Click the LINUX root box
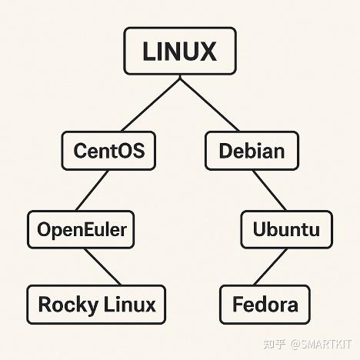(x=179, y=52)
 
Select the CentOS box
(x=108, y=150)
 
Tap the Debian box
(x=251, y=150)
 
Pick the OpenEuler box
(x=82, y=228)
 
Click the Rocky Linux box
(x=97, y=304)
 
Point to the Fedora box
(x=265, y=305)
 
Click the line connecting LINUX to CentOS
(x=150, y=103)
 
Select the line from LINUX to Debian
(x=209, y=103)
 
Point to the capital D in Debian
(x=225, y=150)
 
